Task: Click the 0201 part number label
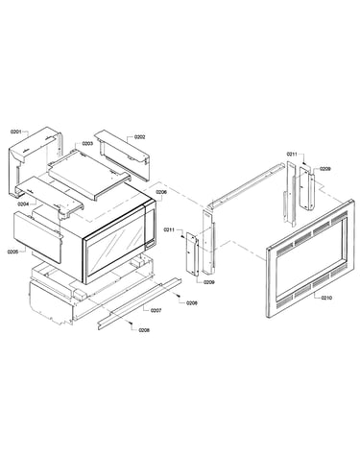(15, 132)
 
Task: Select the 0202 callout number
(140, 137)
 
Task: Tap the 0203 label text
(87, 144)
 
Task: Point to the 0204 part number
(23, 204)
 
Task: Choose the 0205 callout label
(12, 252)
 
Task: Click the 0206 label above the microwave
(161, 192)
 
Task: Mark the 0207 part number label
(156, 310)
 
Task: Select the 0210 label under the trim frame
(326, 298)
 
